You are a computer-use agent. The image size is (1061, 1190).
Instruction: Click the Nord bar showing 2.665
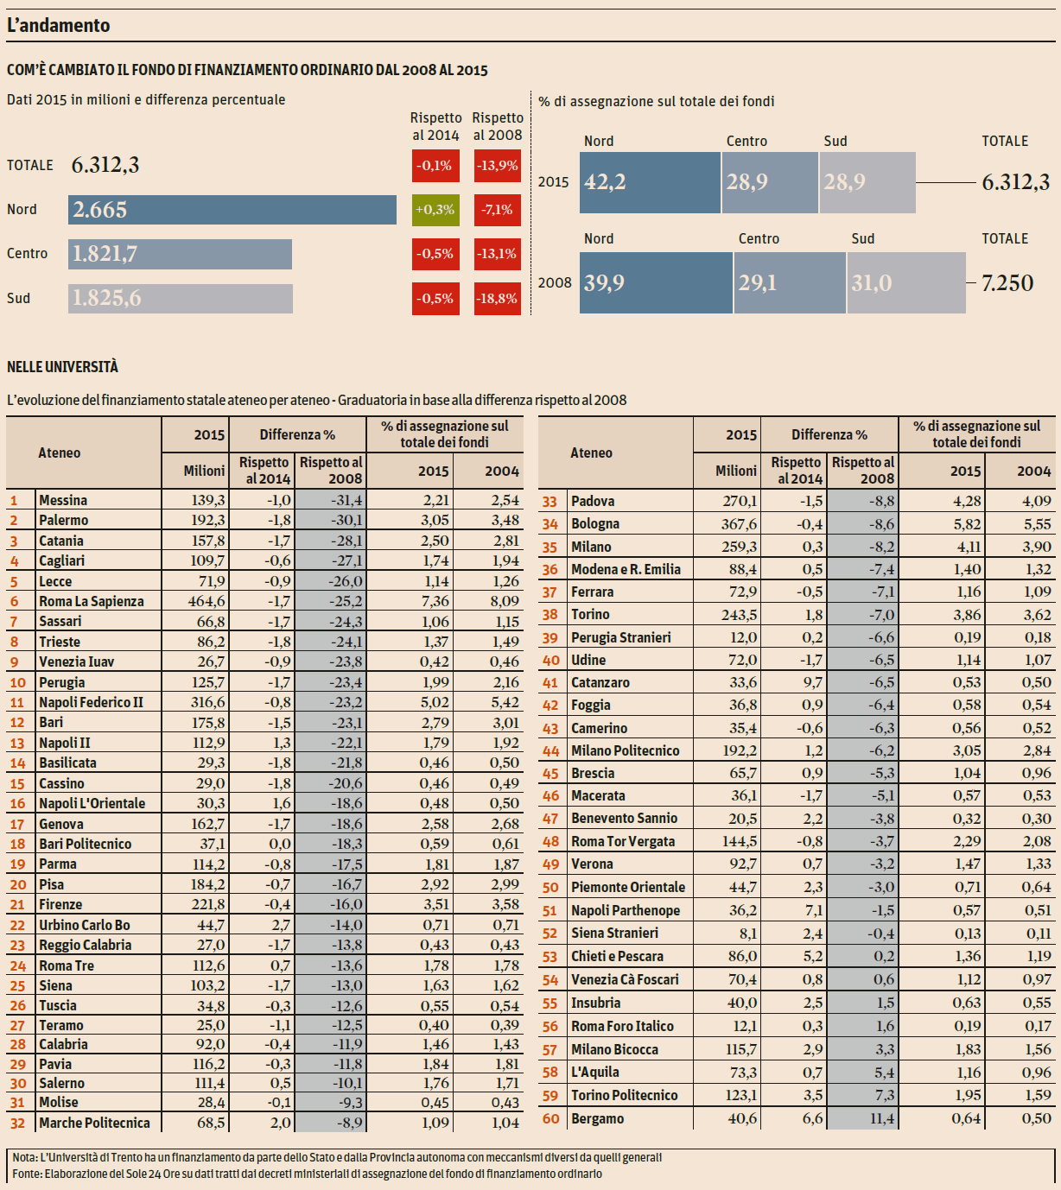[x=232, y=210]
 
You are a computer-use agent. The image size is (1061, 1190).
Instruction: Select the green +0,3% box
[x=435, y=210]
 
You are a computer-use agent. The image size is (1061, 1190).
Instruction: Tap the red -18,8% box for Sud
[x=498, y=299]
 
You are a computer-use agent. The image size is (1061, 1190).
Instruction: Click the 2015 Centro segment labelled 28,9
[x=769, y=182]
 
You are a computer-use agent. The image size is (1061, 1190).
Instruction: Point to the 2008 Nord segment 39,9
[x=657, y=282]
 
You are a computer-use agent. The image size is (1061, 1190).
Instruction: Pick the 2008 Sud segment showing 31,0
[x=905, y=282]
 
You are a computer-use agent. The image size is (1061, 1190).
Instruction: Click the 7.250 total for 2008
[x=1007, y=283]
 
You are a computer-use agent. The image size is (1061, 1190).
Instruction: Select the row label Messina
[x=63, y=500]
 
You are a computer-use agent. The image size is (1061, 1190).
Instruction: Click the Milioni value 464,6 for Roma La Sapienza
[x=206, y=601]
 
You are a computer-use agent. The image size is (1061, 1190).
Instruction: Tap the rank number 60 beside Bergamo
[x=550, y=1119]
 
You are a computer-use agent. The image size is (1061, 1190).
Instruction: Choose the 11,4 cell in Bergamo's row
[x=881, y=1119]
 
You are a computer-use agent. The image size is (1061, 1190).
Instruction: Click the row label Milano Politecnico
[x=625, y=750]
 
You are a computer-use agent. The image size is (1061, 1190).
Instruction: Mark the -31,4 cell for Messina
[x=346, y=500]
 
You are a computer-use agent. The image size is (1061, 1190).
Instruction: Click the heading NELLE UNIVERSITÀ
[x=62, y=367]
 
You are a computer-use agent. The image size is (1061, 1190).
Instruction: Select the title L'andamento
[x=59, y=26]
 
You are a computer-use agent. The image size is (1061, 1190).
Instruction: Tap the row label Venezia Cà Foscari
[x=625, y=979]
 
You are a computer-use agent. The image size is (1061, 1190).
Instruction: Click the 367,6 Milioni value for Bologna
[x=740, y=524]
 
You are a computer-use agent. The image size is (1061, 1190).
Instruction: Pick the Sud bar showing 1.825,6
[x=180, y=299]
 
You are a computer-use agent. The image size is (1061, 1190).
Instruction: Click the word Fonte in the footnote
[x=26, y=1174]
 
